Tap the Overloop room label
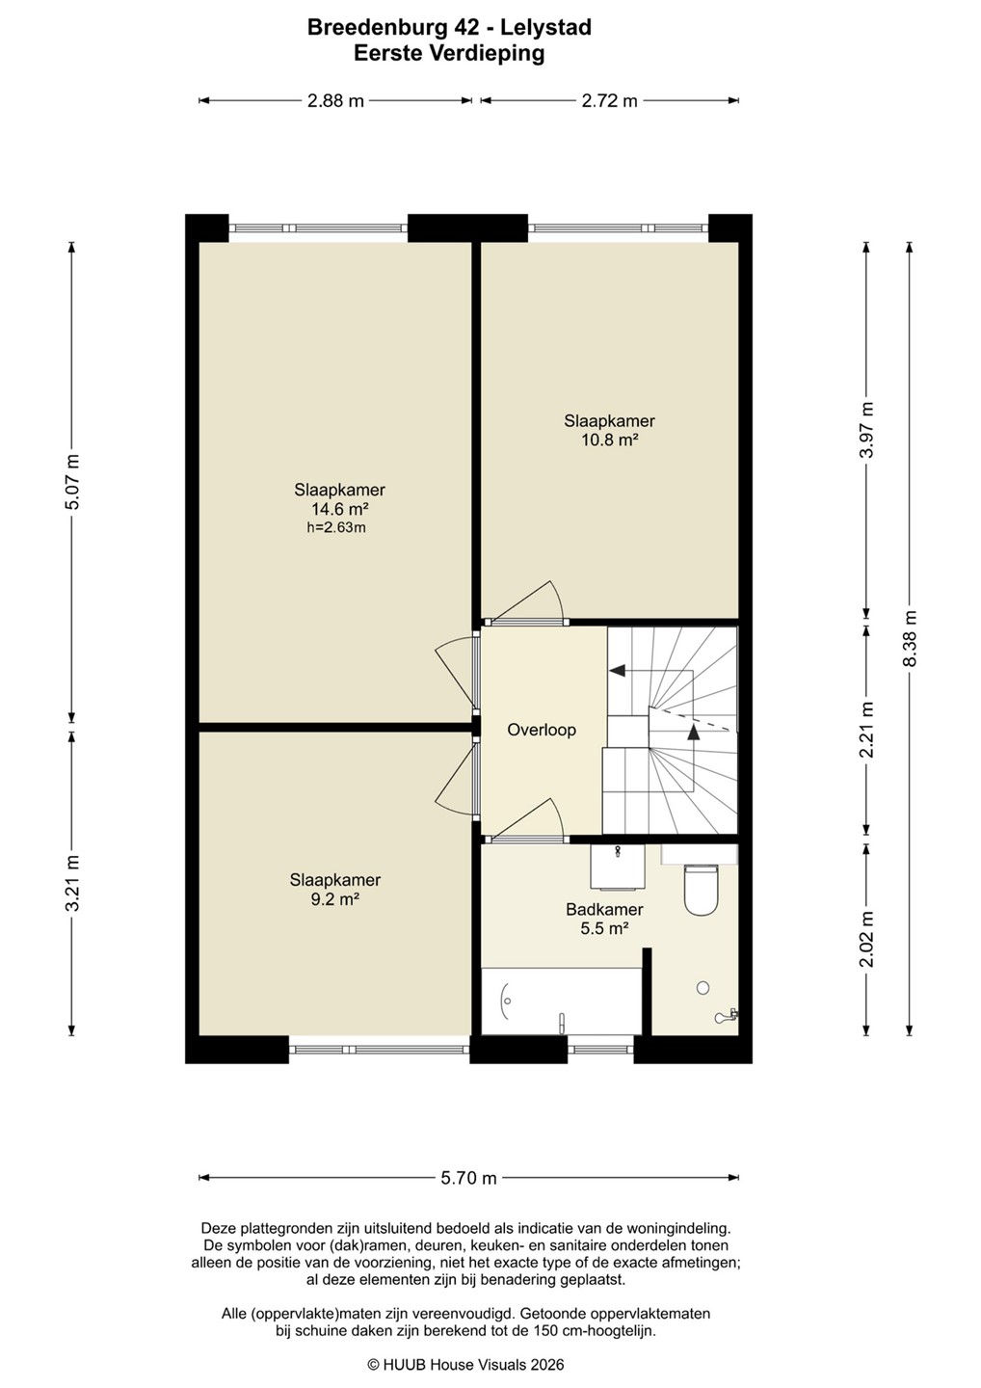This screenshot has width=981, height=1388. pos(542,730)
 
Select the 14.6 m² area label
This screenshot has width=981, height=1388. pos(340,509)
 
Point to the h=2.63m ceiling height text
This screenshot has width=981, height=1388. pos(336,528)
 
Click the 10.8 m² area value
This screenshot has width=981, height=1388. pos(609,440)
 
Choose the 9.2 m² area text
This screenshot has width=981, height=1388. pos(335,899)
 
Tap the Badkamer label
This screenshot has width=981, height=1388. pos(604,909)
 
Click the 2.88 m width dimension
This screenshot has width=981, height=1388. pos(335,100)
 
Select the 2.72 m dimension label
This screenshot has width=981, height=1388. pos(609,100)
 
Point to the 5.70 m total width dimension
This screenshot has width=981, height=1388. pos(469,1177)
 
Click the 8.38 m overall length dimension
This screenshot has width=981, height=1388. pos(910,638)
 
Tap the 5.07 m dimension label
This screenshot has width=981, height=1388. pos(73,482)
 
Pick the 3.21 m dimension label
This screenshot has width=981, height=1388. pos(73,882)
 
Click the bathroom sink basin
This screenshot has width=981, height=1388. pos(617,866)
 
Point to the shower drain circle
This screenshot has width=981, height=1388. pos(703,988)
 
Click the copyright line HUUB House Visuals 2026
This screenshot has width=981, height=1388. pos(465,1365)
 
